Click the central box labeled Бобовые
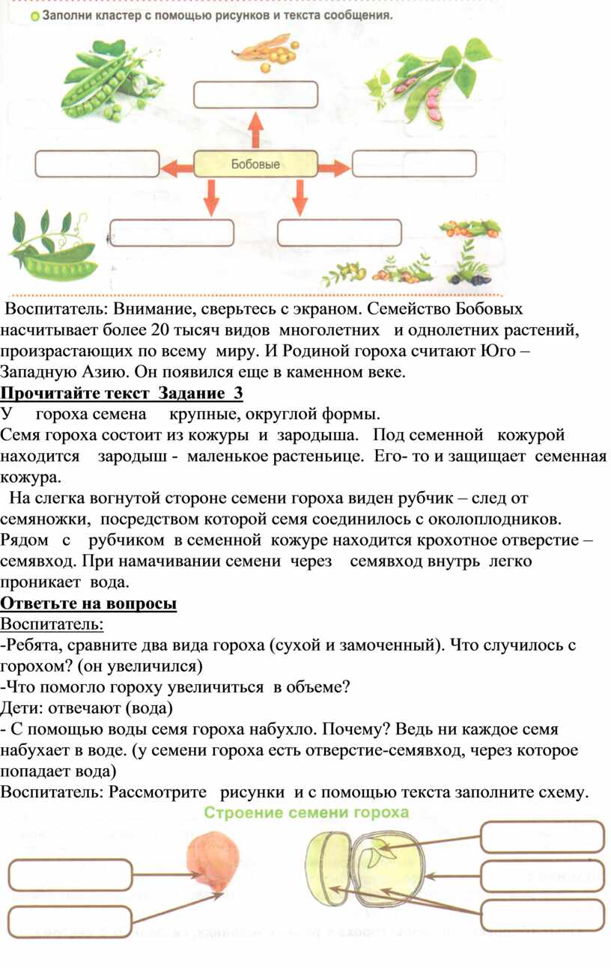[x=255, y=164]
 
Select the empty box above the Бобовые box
[x=256, y=94]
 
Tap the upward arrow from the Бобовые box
[x=256, y=130]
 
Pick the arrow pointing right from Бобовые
[x=335, y=167]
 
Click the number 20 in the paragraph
[x=161, y=330]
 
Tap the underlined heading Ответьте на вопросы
[x=88, y=603]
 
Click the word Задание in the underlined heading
[x=192, y=393]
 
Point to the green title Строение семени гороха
[x=306, y=812]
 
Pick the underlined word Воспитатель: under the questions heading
[x=52, y=624]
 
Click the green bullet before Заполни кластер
[x=35, y=17]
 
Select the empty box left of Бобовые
[x=97, y=164]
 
